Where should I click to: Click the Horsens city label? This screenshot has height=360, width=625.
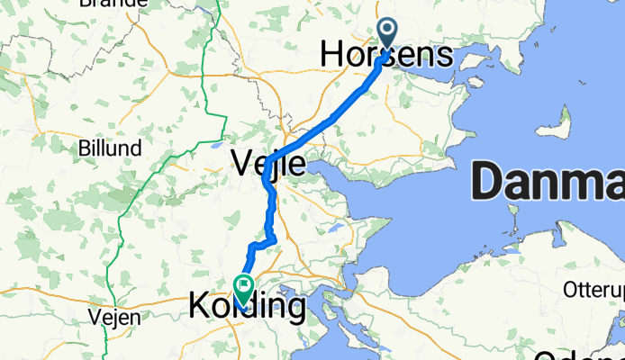pos(387,56)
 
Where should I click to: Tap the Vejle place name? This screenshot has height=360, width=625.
pos(268,163)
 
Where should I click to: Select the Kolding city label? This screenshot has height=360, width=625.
pos(248,307)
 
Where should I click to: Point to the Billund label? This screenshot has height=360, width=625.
pos(110,148)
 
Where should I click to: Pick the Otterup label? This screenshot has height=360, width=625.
pos(590,290)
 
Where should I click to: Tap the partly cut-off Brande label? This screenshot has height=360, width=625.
pos(113,4)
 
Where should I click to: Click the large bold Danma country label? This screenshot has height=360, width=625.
pos(548,183)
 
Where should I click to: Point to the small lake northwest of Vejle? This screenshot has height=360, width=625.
pos(216,143)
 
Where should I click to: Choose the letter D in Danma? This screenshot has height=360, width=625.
pos(487,183)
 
